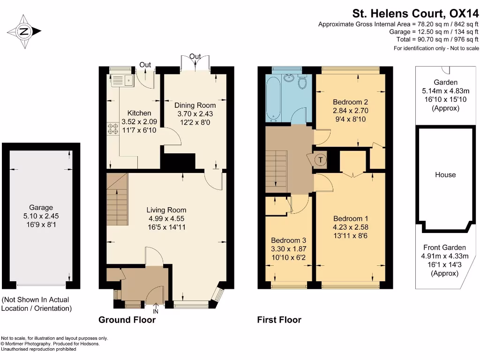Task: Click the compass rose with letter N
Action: click(x=24, y=32)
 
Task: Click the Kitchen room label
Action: click(x=139, y=113)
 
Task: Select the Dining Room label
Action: click(x=195, y=105)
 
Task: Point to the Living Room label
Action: click(x=166, y=210)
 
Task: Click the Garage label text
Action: click(x=41, y=207)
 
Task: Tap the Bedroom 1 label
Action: click(x=351, y=218)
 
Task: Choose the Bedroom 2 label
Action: click(x=350, y=102)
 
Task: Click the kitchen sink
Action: click(x=122, y=81)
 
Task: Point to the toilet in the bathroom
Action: click(x=302, y=83)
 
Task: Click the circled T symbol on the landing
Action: click(x=320, y=160)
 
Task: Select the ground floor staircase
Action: click(x=117, y=199)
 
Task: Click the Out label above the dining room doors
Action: click(x=195, y=57)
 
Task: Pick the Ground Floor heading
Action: click(x=127, y=320)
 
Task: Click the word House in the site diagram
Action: click(x=445, y=175)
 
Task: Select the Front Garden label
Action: click(x=444, y=247)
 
